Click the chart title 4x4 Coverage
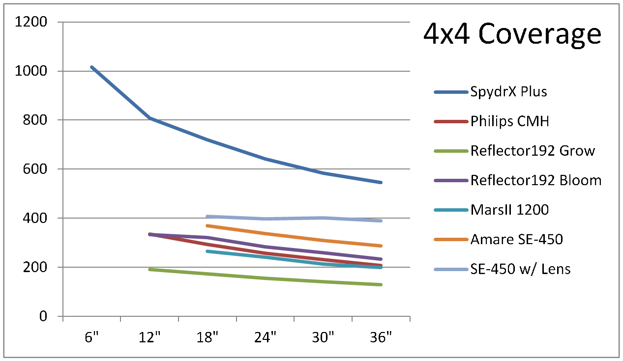click(512, 34)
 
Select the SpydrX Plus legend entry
click(508, 92)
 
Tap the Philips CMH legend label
click(509, 121)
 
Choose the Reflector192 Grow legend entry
click(533, 151)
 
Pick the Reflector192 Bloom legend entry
click(535, 180)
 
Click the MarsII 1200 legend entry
click(509, 210)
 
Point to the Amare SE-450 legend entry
click(516, 240)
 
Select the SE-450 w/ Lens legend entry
click(520, 269)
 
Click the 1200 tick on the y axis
click(31, 22)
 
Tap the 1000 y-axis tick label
click(31, 71)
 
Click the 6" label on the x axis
click(92, 338)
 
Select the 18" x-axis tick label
click(208, 338)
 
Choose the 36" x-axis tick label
click(381, 338)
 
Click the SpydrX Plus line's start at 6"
click(92, 67)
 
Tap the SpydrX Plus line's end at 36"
click(381, 182)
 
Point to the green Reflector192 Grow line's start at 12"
click(150, 269)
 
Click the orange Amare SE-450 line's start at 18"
click(208, 225)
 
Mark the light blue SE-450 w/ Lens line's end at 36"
click(381, 221)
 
